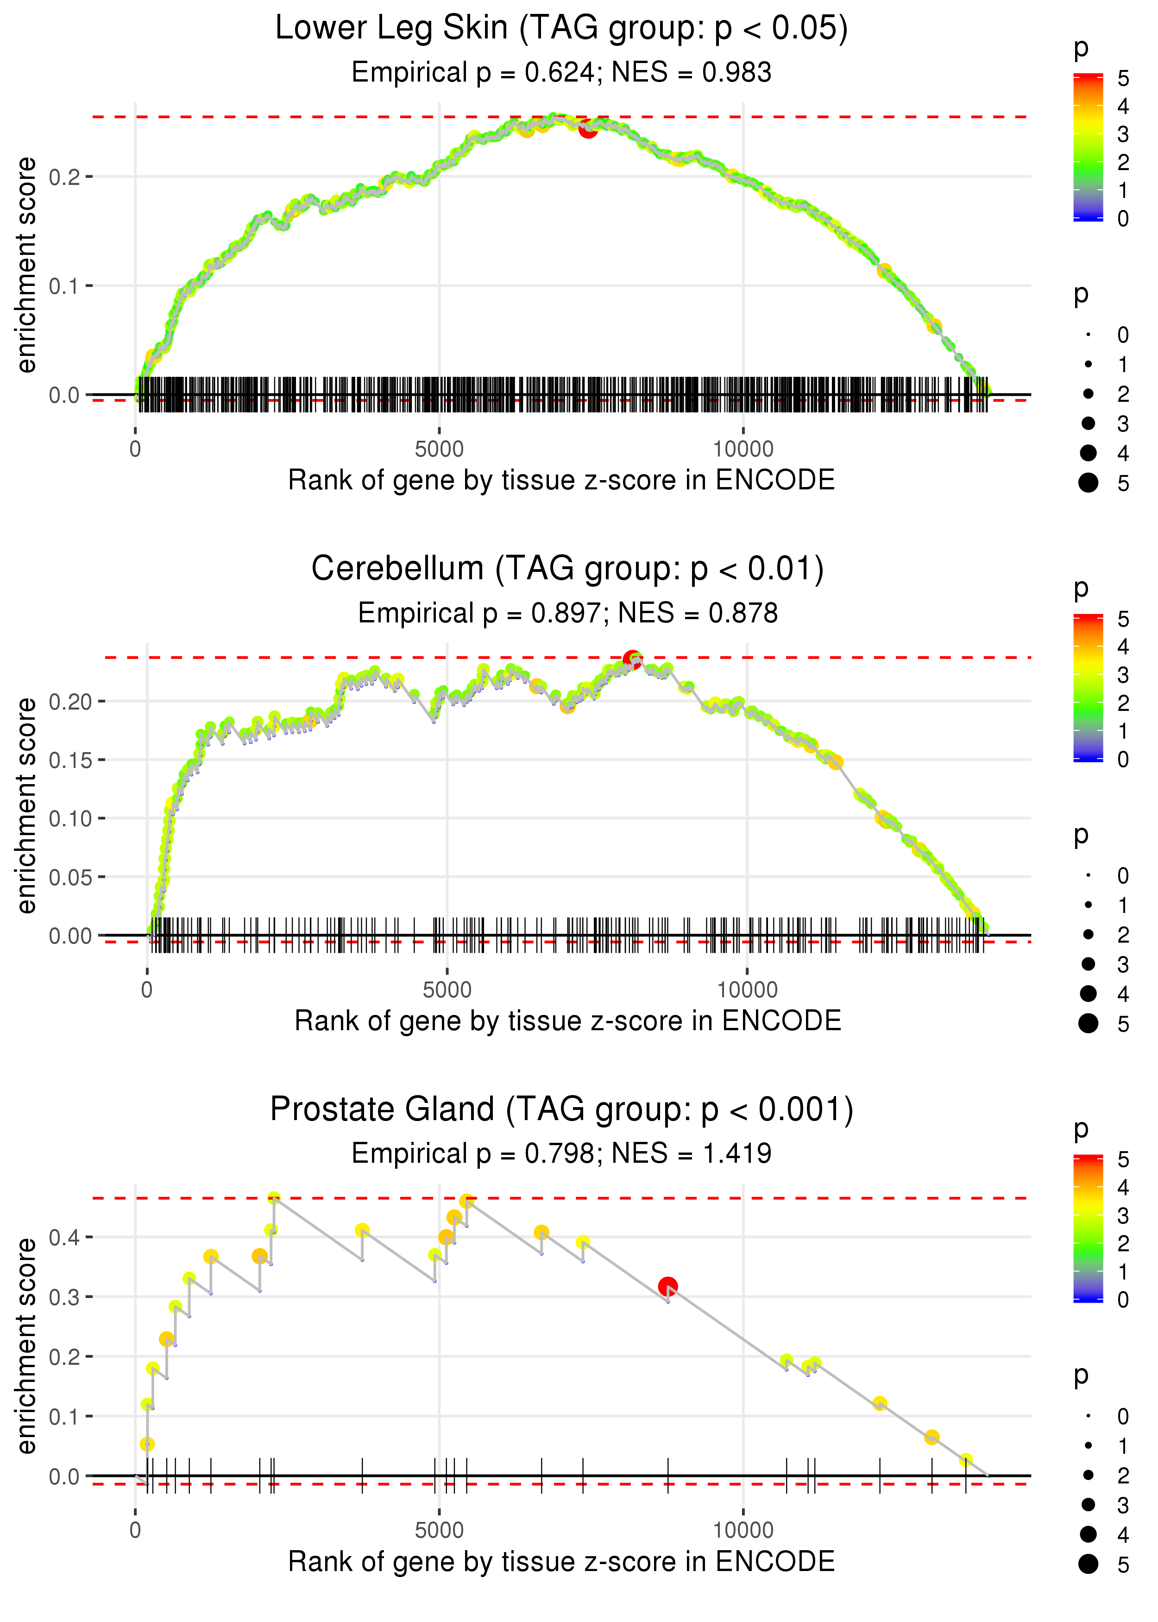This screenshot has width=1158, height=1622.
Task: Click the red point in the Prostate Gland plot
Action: (x=667, y=1286)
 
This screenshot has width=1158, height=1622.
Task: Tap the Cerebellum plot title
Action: (x=567, y=569)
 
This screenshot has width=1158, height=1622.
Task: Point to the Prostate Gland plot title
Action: (x=561, y=1109)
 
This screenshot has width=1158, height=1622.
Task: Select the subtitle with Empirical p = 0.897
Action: (x=567, y=613)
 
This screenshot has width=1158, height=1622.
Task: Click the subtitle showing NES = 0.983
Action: (x=561, y=72)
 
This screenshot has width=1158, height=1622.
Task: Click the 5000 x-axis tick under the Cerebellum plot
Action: (x=447, y=989)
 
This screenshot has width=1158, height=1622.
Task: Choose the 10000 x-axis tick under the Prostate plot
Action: (x=743, y=1530)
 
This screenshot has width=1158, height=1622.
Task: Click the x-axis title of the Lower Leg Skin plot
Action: (x=561, y=480)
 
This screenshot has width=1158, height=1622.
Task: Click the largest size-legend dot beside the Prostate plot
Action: (x=1088, y=1564)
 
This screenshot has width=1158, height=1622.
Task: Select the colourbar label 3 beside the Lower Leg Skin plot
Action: (x=1123, y=134)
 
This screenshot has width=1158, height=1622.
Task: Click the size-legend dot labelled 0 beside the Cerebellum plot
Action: (x=1088, y=875)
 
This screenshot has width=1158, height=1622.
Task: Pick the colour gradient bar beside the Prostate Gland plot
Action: (x=1088, y=1228)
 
